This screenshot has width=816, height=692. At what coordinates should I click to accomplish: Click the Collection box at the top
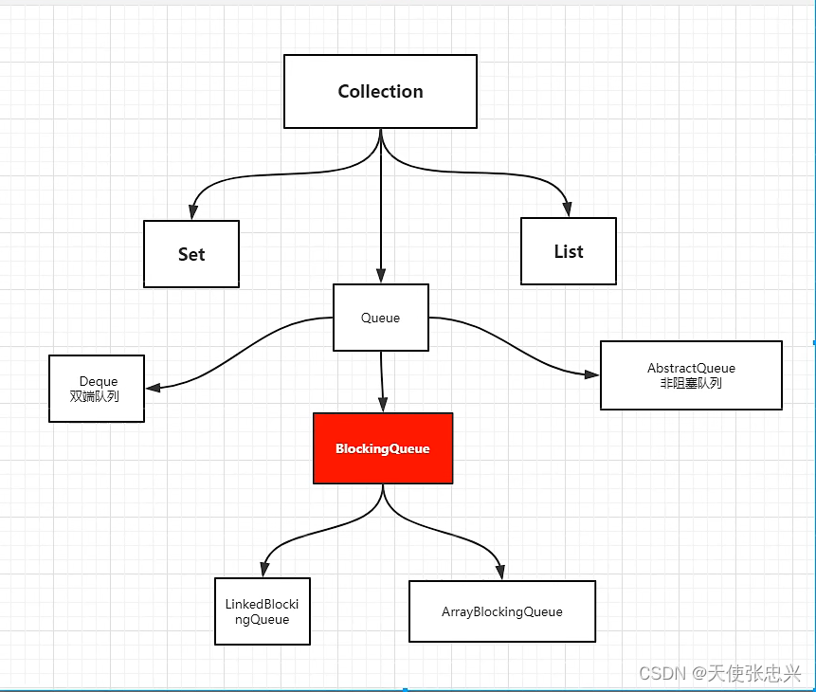tap(380, 91)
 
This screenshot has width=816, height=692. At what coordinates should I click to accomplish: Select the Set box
tap(191, 254)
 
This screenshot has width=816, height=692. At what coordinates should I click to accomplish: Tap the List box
tap(569, 251)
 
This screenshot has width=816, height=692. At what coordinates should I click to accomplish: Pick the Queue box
tap(381, 318)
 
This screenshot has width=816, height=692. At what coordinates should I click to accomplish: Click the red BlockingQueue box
tap(383, 448)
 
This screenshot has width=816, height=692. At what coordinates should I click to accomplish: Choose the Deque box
tap(97, 389)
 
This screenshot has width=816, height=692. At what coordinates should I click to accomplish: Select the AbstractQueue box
tap(691, 375)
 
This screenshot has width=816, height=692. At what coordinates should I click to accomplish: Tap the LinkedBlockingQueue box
tap(263, 612)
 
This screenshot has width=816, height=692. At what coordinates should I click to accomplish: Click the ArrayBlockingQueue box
tap(502, 611)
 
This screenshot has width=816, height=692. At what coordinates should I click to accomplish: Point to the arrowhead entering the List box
tap(568, 210)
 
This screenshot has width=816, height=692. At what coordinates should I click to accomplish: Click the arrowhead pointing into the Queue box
tap(381, 277)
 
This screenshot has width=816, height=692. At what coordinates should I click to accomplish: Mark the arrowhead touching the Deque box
tap(153, 387)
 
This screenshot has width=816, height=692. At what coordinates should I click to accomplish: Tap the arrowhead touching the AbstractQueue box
tap(592, 374)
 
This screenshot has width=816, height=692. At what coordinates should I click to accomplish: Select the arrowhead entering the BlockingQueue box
tap(384, 406)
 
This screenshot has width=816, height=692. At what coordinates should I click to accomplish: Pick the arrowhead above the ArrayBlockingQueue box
tap(499, 573)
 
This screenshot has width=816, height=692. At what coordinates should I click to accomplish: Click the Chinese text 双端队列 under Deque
tap(95, 396)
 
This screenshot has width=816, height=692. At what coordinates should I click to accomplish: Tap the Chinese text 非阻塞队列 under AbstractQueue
tap(691, 383)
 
